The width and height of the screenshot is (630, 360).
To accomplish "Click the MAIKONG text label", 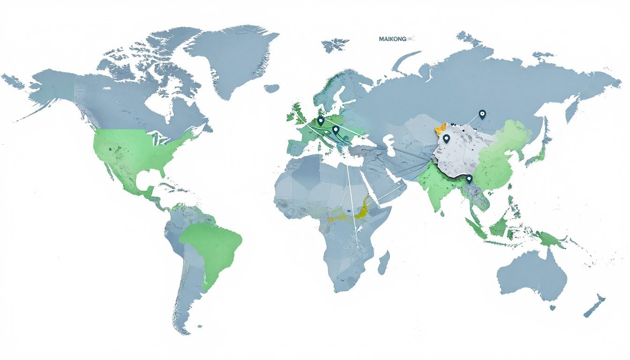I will pyautogui.click(x=393, y=39).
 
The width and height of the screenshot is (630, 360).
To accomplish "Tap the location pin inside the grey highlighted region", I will pyautogui.click(x=446, y=138).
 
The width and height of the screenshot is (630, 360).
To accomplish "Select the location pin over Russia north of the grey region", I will pyautogui.click(x=482, y=113).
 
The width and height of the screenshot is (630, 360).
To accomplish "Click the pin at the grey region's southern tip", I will pyautogui.click(x=469, y=179).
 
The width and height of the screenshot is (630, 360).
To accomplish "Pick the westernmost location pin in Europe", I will pyautogui.click(x=321, y=120).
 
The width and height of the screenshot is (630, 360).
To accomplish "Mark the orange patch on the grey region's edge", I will pyautogui.click(x=441, y=127).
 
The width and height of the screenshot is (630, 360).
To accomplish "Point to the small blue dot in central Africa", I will pyautogui.click(x=349, y=211).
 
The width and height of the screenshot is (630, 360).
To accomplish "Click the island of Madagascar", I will pyautogui.click(x=383, y=262).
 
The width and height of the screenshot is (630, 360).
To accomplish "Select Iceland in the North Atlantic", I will pyautogui.click(x=271, y=88).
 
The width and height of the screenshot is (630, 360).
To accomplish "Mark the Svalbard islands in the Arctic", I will pyautogui.click(x=336, y=45).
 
